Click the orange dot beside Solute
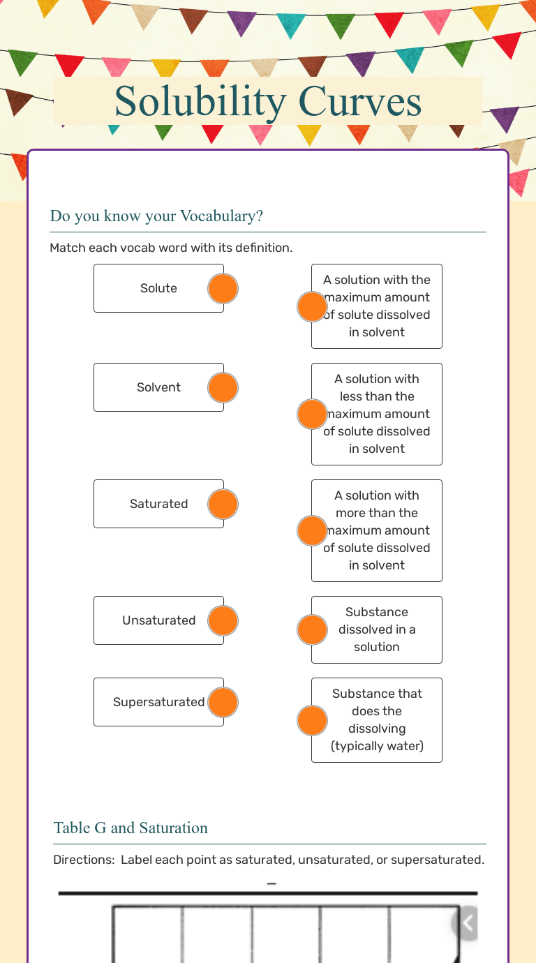(223, 288)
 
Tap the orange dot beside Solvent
(223, 387)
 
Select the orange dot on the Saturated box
(223, 504)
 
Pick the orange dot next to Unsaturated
(223, 620)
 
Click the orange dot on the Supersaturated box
(223, 702)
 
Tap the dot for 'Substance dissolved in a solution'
(312, 630)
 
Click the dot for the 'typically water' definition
(312, 720)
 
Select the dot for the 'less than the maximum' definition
(312, 414)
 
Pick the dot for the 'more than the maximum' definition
(312, 530)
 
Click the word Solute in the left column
(158, 288)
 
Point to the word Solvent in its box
(158, 387)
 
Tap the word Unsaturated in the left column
(158, 620)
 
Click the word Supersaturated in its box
(158, 702)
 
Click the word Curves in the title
(359, 101)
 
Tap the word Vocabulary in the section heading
(221, 216)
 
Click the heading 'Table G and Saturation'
(131, 828)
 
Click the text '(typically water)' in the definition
(377, 746)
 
